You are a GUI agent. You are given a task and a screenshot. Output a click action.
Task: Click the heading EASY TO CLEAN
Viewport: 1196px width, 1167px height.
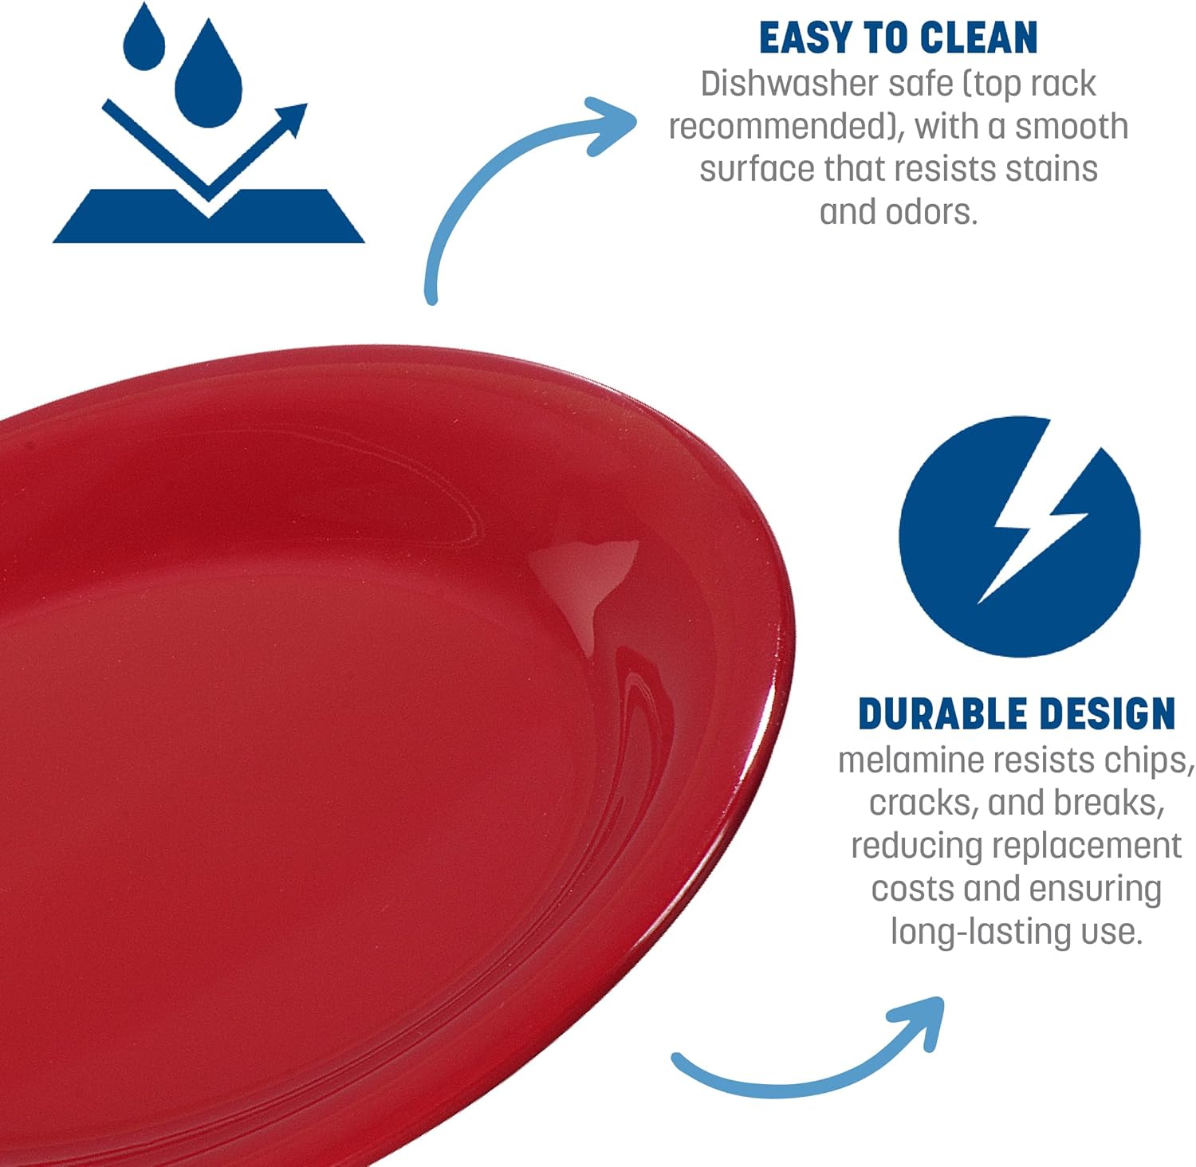(x=898, y=38)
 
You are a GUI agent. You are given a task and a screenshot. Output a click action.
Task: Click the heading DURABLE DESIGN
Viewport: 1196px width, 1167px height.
(x=1017, y=713)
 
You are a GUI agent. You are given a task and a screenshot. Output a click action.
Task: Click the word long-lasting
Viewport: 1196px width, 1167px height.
(x=980, y=932)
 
